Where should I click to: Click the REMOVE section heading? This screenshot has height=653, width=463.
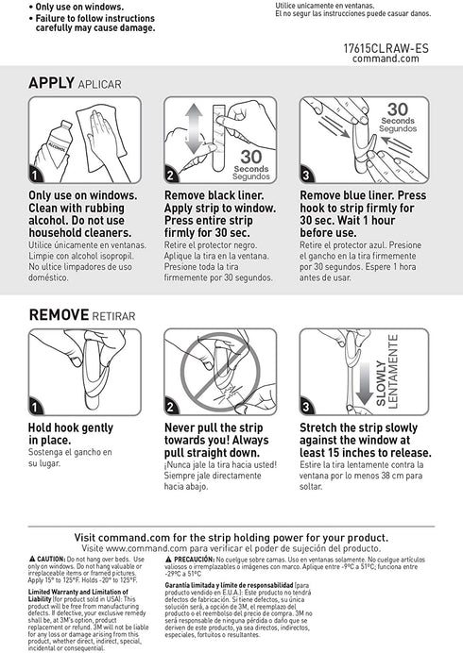(x=59, y=314)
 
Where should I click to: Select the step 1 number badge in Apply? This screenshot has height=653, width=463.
(x=36, y=176)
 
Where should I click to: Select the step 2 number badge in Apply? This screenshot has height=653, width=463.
(x=171, y=176)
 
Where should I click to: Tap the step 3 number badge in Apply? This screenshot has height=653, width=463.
(x=307, y=176)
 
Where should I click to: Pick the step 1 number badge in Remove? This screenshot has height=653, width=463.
(x=36, y=408)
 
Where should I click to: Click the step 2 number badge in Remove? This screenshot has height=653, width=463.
(x=171, y=408)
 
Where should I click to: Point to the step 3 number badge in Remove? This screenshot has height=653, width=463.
(x=307, y=408)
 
